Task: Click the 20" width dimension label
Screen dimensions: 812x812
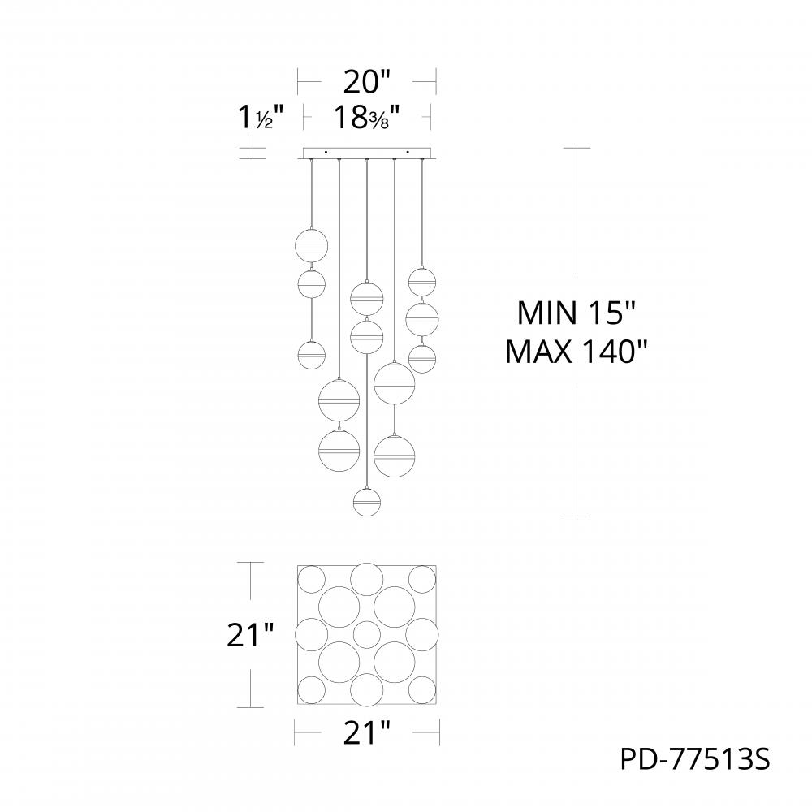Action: coord(367,83)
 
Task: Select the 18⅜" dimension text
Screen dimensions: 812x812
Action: coord(367,119)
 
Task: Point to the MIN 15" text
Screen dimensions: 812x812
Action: coord(576,313)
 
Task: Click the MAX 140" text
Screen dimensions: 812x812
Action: coord(576,353)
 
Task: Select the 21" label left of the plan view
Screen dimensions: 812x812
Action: coord(249,635)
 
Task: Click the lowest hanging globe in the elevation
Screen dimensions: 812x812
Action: coord(367,501)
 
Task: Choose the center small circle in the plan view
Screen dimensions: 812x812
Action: coord(367,634)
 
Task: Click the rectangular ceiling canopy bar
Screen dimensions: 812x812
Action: coord(367,153)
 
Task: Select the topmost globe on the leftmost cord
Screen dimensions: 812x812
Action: coord(311,244)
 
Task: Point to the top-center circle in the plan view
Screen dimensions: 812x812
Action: coord(367,577)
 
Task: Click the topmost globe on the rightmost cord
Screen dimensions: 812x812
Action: coord(422,282)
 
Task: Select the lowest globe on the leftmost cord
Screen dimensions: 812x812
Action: coord(311,355)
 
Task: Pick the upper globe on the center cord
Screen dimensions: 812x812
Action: coord(367,298)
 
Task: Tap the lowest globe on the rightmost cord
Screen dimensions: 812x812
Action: coord(422,357)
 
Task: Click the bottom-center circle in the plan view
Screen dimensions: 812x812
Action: coord(367,689)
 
